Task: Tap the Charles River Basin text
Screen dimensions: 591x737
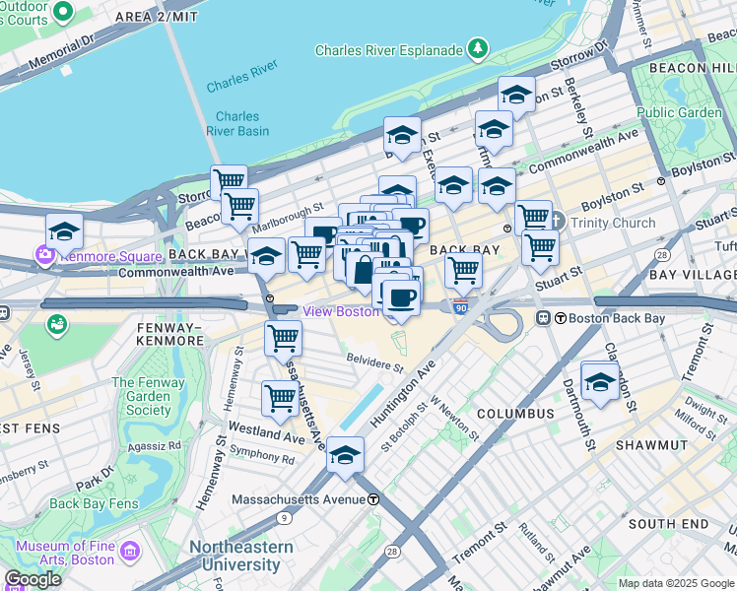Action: [x=237, y=123]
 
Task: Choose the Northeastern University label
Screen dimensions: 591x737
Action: [x=240, y=556]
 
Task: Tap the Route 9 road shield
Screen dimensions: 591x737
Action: [x=284, y=517]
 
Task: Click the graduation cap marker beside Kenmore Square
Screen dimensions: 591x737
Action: [x=64, y=231]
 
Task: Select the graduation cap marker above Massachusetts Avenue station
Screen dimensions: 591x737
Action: [x=345, y=454]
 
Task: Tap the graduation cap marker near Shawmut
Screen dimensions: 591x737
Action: [x=599, y=381]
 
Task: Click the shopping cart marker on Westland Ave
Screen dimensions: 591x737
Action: [x=280, y=398]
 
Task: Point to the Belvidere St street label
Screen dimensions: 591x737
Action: [x=373, y=362]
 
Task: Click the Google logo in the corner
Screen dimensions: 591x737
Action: [x=33, y=579]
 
